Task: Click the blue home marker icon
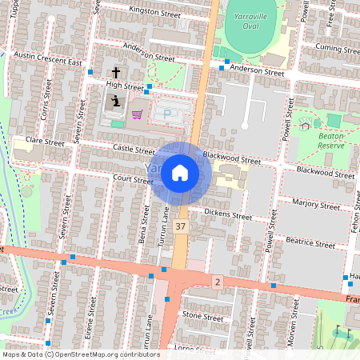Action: point(180,172)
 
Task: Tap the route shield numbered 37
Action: point(182,228)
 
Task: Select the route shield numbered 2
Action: point(216,282)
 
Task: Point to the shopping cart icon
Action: point(137,114)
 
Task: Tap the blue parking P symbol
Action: point(167,114)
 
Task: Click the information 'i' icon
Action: point(116,102)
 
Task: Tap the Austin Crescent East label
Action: point(49,58)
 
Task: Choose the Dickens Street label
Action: point(228,214)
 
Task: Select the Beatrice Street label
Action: point(310,242)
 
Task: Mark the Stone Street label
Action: point(202,317)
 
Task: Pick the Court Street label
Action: point(132,179)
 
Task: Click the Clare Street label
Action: point(45,142)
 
